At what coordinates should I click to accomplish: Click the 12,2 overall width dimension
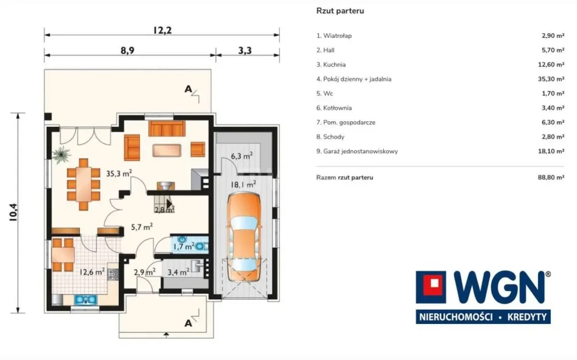163,30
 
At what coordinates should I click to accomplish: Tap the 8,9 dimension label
127,50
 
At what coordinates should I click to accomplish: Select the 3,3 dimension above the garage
245,50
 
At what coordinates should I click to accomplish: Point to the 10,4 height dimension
13,212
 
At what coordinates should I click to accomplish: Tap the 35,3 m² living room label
119,174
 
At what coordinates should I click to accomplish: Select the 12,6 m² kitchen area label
92,272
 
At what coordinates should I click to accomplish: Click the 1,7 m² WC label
184,247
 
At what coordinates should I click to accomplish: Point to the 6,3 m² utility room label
241,156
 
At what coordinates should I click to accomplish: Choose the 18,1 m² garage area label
243,185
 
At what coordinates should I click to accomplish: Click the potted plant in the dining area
62,155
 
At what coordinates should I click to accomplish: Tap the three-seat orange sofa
167,128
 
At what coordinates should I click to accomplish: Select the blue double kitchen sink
86,299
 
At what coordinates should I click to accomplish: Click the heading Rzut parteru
340,11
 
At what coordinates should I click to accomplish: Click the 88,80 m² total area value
551,177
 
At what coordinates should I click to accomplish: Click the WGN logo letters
499,287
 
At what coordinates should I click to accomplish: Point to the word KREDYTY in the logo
527,317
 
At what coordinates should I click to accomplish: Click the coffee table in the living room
167,150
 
